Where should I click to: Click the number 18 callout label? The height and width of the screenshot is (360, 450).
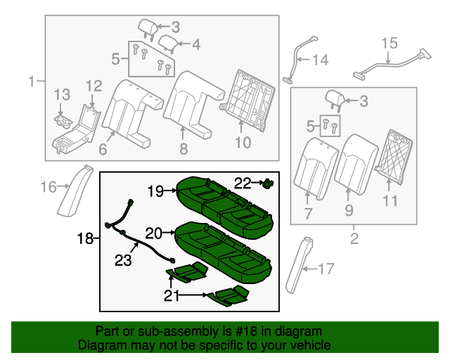pyautogui.click(x=84, y=239)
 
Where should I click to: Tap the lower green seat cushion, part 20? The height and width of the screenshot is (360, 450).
pyautogui.click(x=221, y=250)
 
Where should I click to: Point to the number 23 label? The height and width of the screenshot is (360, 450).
pyautogui.click(x=123, y=261)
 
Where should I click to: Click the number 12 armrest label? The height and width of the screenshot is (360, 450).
pyautogui.click(x=94, y=86)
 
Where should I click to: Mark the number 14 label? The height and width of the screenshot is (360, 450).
pyautogui.click(x=320, y=60)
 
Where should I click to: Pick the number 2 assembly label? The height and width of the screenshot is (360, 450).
pyautogui.click(x=354, y=239)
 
